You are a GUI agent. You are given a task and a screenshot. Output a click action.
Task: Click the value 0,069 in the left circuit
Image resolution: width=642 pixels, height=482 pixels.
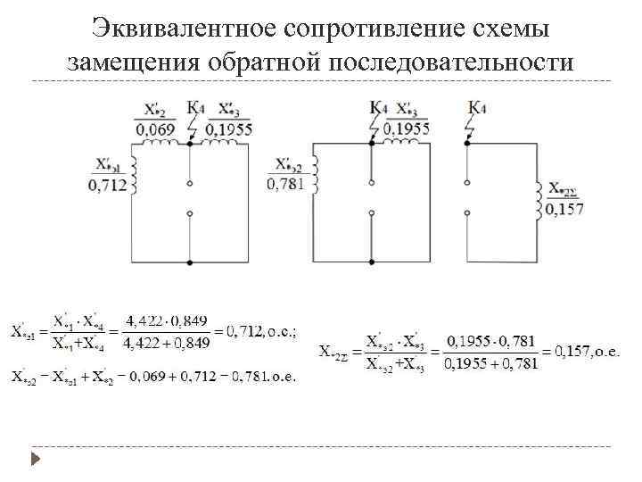[155, 130]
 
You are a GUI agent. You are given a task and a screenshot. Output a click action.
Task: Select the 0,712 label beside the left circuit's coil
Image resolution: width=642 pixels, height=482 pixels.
[108, 186]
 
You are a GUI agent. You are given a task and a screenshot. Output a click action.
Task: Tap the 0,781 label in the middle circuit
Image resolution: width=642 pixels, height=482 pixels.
[285, 184]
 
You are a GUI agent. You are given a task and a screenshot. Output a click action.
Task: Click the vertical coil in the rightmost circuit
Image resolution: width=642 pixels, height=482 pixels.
[539, 202]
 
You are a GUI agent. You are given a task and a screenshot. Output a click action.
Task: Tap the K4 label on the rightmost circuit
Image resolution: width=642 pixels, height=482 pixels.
[477, 109]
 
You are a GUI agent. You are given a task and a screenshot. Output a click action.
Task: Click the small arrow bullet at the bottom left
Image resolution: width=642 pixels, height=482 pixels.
[36, 461]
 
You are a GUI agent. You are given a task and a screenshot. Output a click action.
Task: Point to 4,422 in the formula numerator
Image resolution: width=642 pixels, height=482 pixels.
[142, 320]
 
